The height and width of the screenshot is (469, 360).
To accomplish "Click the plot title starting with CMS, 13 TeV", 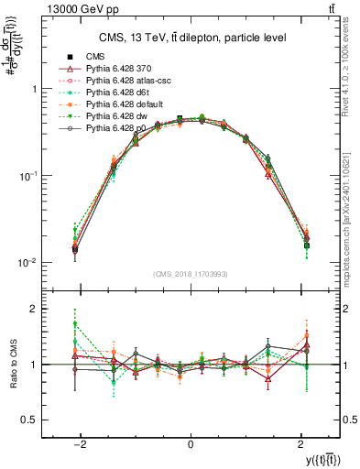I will coord(191,38).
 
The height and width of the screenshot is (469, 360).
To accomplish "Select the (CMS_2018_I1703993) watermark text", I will coord(191,274).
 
